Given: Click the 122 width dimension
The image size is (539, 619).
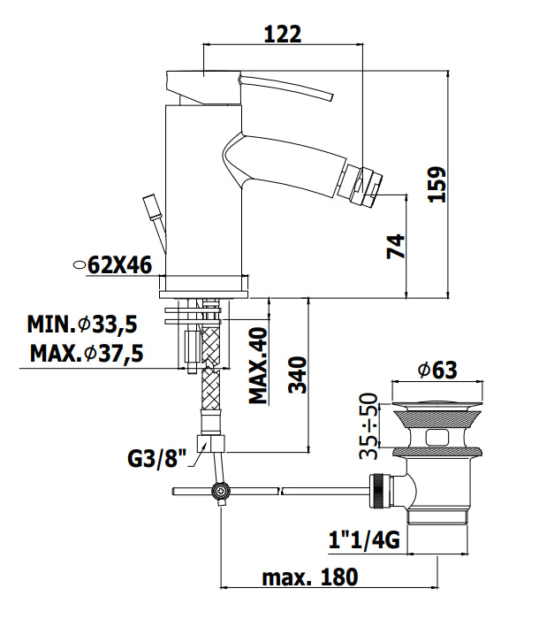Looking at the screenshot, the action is tap(283, 34).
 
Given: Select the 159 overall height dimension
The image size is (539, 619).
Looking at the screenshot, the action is tap(437, 185).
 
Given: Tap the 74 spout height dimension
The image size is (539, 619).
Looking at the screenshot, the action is tap(396, 247).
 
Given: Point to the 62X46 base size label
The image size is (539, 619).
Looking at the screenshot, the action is tap(119, 265).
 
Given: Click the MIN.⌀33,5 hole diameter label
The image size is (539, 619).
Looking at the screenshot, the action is tap(82, 325).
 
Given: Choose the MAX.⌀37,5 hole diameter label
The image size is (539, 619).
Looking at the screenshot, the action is tap(87, 354).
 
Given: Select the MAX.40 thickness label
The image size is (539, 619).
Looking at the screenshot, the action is tap(258, 365).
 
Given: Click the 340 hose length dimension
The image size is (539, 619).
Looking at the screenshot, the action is tap(298, 375).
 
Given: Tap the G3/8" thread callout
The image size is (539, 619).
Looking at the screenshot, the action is tap(156, 458).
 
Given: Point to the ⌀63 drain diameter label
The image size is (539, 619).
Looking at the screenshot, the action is tap(437, 371).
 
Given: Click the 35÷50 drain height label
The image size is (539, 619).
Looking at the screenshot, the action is tap(368, 426).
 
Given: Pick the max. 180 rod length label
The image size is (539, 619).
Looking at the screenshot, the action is tap(310, 577).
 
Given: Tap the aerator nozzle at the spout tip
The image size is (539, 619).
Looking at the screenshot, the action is tap(361, 183).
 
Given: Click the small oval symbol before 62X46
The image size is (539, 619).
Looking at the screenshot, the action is tap(80, 265).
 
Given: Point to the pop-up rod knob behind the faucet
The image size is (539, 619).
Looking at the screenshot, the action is tap(154, 205).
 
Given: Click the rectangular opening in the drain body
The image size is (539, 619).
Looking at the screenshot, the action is tap(437, 438).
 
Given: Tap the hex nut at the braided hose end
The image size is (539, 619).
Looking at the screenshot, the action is tap(210, 443).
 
